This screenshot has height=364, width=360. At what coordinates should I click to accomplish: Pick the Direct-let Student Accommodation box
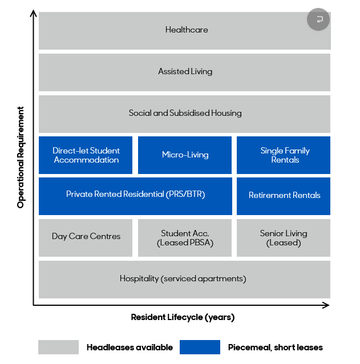coord(86,155)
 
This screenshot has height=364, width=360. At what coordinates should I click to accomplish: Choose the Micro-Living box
coord(185,155)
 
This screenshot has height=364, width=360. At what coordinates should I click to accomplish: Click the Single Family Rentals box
coord(284,155)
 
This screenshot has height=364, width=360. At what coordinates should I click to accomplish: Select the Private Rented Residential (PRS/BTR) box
coord(135,195)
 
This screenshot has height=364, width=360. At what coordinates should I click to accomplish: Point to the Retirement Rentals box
coord(284,195)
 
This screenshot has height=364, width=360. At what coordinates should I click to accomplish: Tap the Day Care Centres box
coord(86,236)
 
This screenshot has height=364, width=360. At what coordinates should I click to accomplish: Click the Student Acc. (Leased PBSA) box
coord(185,237)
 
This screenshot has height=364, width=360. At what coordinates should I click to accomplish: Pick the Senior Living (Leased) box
coord(283,237)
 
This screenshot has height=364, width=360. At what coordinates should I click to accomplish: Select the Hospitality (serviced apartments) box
coord(184,278)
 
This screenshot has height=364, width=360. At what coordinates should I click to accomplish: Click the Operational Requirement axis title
coord(21,157)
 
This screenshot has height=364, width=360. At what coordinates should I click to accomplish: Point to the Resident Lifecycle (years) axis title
coord(183,317)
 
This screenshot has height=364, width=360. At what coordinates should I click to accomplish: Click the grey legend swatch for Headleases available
coord(58,347)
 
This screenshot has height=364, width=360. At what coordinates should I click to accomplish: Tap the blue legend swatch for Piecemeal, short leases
coord(199,347)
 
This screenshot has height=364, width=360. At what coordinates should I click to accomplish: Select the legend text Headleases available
coord(130,347)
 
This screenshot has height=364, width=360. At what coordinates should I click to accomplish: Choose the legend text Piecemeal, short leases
coord(275,347)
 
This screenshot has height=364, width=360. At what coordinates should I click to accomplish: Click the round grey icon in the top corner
coord(318,19)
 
